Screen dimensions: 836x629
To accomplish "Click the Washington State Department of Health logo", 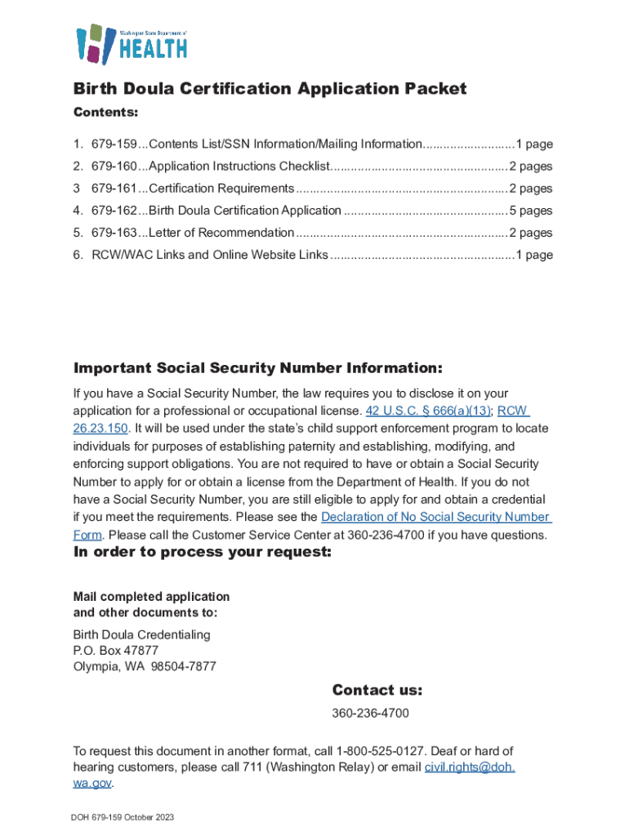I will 132,43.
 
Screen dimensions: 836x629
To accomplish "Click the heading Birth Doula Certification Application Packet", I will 270,88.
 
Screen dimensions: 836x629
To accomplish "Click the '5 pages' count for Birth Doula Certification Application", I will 530,211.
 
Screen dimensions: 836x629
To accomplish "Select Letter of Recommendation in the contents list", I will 221,233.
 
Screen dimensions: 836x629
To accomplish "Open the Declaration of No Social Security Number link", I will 435,518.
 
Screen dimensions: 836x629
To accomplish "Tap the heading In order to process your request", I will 203,553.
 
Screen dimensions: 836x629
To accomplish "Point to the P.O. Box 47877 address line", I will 116,651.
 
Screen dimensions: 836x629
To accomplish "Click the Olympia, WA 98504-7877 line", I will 145,666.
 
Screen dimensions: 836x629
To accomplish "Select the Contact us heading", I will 377,691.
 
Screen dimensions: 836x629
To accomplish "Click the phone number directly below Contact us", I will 370,714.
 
